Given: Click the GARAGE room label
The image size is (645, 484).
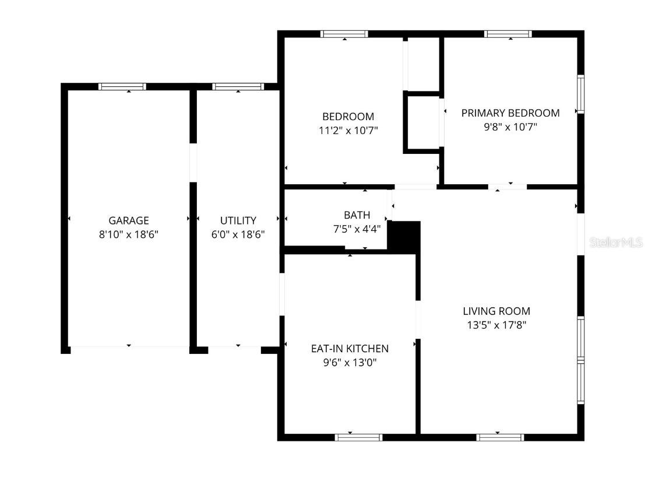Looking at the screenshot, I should click(x=129, y=220).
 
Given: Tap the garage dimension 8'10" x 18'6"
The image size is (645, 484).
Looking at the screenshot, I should click(x=129, y=234).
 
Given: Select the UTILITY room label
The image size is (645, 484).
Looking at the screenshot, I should click(x=238, y=220).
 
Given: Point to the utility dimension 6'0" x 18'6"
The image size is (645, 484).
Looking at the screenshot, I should click(x=238, y=234).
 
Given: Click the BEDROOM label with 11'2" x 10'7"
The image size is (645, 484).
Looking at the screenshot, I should click(x=348, y=117).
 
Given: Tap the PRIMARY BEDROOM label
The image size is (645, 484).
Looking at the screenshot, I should click(x=510, y=113).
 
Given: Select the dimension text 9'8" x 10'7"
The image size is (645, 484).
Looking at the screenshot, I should click(x=510, y=127).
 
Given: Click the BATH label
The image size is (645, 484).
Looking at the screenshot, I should click(x=357, y=215).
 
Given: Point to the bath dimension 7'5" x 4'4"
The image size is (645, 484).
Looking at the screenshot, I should click(x=357, y=229).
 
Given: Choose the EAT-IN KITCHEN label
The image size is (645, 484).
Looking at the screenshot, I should click(x=350, y=349).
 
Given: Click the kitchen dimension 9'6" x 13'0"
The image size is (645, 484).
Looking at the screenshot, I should click(x=350, y=363).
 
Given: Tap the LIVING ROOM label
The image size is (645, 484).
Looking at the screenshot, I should click(x=496, y=311).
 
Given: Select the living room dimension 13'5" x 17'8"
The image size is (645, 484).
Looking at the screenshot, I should click(x=496, y=325).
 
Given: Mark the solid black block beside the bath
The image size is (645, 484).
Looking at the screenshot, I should click(x=404, y=236).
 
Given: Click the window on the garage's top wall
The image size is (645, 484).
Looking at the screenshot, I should click(x=122, y=87).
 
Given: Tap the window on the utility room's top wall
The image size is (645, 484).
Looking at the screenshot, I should click(x=238, y=87).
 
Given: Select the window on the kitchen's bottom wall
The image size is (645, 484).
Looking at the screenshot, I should click(x=359, y=437).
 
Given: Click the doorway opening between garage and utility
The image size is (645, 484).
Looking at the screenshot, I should click(x=193, y=163).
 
